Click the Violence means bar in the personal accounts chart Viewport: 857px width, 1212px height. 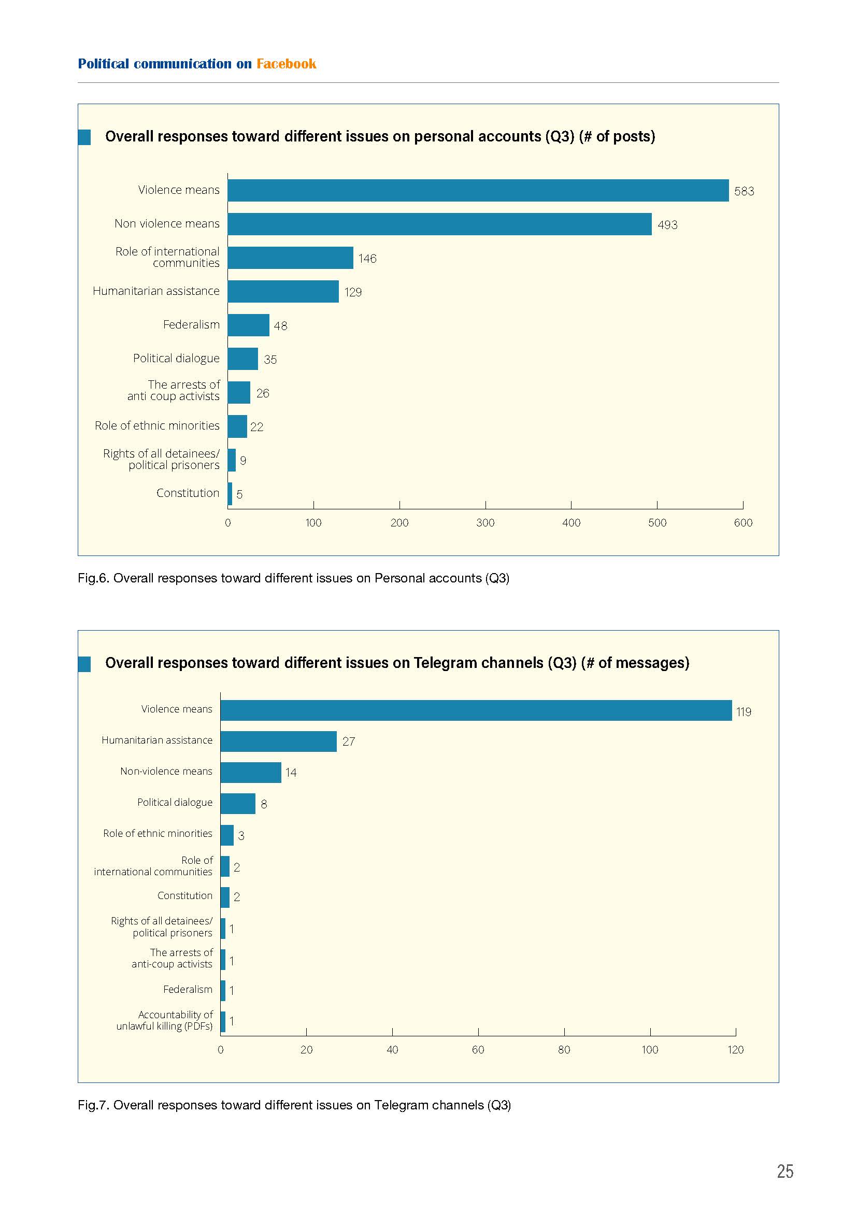tap(478, 190)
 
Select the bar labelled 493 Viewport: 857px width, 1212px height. tap(439, 224)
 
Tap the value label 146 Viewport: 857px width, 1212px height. tap(367, 259)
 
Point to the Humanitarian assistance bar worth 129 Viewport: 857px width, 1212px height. tap(283, 291)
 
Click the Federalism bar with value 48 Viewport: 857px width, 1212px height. tap(249, 325)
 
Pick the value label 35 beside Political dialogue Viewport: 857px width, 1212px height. tap(270, 360)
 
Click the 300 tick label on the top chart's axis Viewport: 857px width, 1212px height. tap(485, 523)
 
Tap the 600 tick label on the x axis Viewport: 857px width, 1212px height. tap(743, 523)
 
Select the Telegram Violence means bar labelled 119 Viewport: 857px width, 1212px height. tap(476, 710)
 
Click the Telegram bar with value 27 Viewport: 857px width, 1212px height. tap(279, 741)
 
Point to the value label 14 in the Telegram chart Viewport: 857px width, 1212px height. tap(291, 773)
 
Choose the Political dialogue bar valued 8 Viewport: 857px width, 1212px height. tap(238, 804)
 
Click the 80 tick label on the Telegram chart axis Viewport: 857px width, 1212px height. tap(564, 1050)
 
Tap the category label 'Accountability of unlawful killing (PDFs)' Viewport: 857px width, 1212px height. tap(165, 1020)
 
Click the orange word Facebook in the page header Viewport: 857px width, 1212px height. tap(287, 64)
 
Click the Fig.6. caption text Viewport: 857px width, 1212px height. tap(293, 578)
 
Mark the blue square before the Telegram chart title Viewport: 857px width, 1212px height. tap(84, 664)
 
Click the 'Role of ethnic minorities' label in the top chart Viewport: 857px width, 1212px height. tap(158, 425)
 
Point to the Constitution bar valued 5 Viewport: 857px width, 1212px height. tap(230, 494)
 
